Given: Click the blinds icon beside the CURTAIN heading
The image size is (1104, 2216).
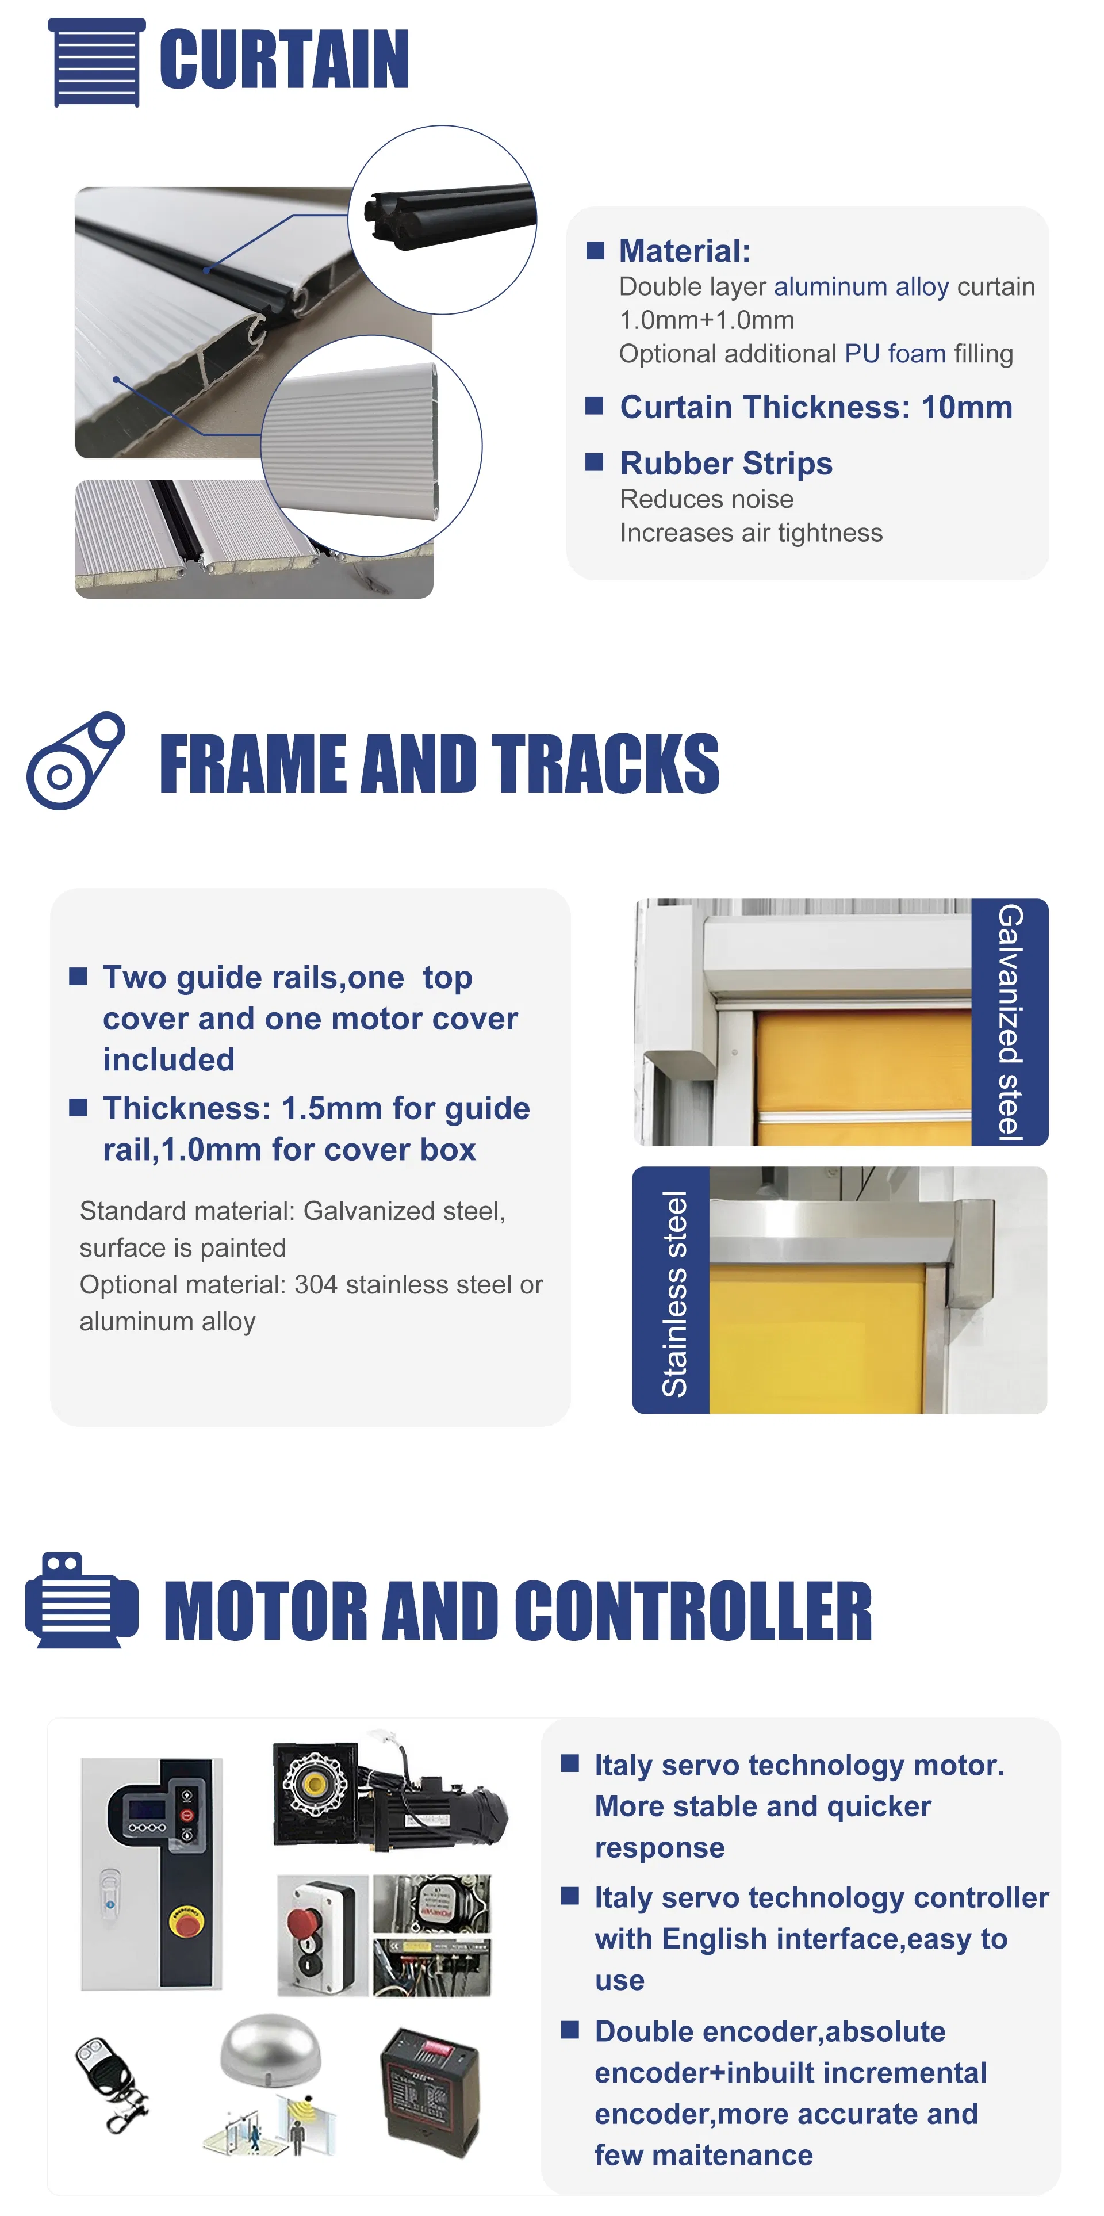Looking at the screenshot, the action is click(96, 62).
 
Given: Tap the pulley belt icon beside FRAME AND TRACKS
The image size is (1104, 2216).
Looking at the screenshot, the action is click(76, 760).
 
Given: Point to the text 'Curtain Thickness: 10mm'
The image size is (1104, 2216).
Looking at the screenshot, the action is click(816, 407).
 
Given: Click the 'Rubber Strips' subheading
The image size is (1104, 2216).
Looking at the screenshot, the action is click(727, 463).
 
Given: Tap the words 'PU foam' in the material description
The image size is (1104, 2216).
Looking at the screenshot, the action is click(895, 354).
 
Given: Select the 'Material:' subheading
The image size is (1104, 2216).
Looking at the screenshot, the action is click(684, 251).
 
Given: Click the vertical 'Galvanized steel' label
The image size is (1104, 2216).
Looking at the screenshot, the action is click(1010, 1022).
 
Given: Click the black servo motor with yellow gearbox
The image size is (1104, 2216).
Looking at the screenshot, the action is click(389, 1794).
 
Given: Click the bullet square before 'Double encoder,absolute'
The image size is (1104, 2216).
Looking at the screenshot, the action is click(569, 2030).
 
